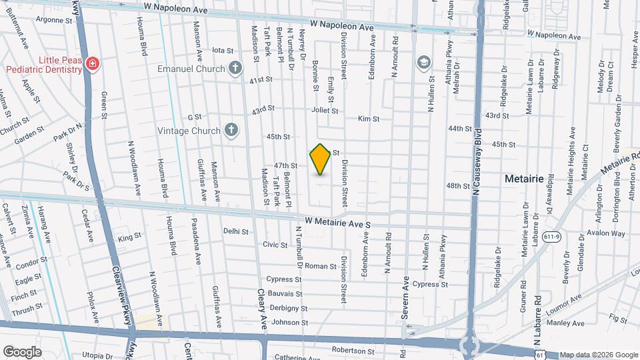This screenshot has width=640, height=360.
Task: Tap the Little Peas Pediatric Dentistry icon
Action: (x=93, y=65)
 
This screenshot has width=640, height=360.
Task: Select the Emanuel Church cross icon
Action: (x=235, y=68)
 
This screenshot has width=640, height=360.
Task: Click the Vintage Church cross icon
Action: (x=231, y=130)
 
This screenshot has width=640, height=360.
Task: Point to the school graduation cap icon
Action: (x=422, y=63)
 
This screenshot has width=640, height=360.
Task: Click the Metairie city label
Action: (x=525, y=179)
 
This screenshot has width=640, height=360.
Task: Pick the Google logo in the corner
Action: (x=22, y=351)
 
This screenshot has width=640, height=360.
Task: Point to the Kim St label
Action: (x=368, y=119)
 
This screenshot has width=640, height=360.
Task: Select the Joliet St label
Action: (x=325, y=111)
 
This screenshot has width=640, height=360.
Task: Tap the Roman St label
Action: (x=316, y=265)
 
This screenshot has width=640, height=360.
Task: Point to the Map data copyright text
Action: (x=598, y=355)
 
